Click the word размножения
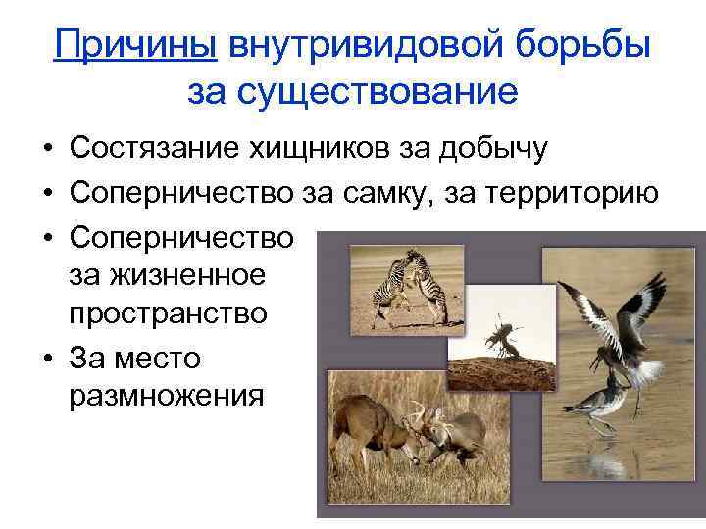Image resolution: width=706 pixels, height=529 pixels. click(167, 397)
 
